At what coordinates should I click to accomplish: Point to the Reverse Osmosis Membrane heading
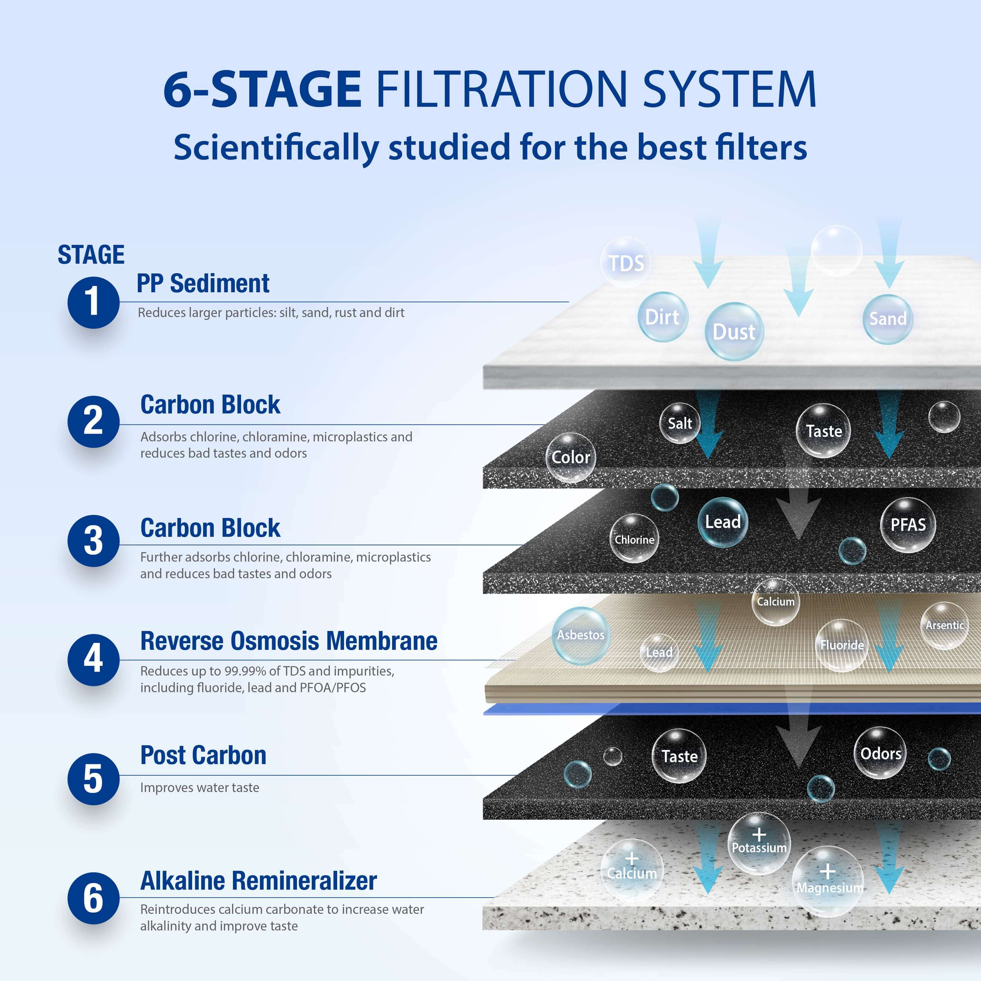[x=288, y=641]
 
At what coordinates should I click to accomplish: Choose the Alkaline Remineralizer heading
[x=258, y=881]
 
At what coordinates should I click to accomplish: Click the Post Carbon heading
[x=203, y=755]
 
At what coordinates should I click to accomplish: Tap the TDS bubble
[x=626, y=262]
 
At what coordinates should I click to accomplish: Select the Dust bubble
[x=734, y=331]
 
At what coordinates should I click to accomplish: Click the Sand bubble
[x=887, y=319]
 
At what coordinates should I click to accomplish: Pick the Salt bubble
[x=680, y=423]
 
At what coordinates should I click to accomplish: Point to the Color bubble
[x=571, y=457]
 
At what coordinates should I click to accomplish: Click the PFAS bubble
[x=908, y=525]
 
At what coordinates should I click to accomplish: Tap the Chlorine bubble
[x=634, y=538]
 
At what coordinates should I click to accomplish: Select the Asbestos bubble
[x=581, y=635]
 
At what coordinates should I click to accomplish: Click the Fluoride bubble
[x=841, y=645]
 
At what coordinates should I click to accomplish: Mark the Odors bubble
[x=881, y=753]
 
